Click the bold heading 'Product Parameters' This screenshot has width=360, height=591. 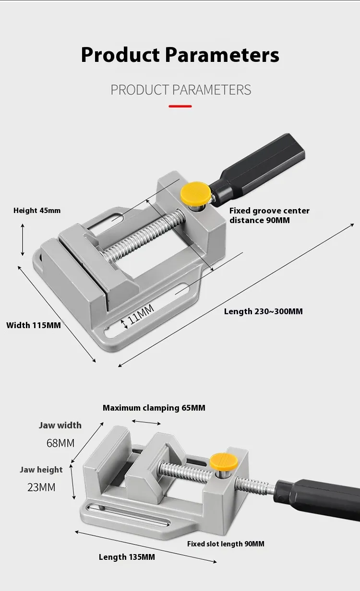tap(180, 55)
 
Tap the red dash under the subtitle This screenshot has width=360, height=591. tap(180, 106)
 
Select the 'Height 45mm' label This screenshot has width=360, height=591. tap(37, 211)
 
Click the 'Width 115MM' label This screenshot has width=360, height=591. tap(34, 325)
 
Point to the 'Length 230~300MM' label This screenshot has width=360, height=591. tap(264, 311)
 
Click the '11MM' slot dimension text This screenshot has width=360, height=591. tap(141, 314)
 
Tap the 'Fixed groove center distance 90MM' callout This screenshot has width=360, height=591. tap(269, 215)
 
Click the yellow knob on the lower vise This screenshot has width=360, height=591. tap(224, 461)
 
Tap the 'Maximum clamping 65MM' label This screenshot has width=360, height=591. tap(154, 408)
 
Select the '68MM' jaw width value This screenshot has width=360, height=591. tap(60, 443)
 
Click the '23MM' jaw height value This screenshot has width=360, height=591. tap(41, 487)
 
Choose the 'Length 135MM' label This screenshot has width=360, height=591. tap(127, 557)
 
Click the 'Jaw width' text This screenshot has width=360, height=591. tap(60, 426)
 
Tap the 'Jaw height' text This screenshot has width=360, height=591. tap(41, 470)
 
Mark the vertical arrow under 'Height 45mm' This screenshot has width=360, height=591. tap(23, 240)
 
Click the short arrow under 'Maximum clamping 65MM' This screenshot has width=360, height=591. tap(146, 423)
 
